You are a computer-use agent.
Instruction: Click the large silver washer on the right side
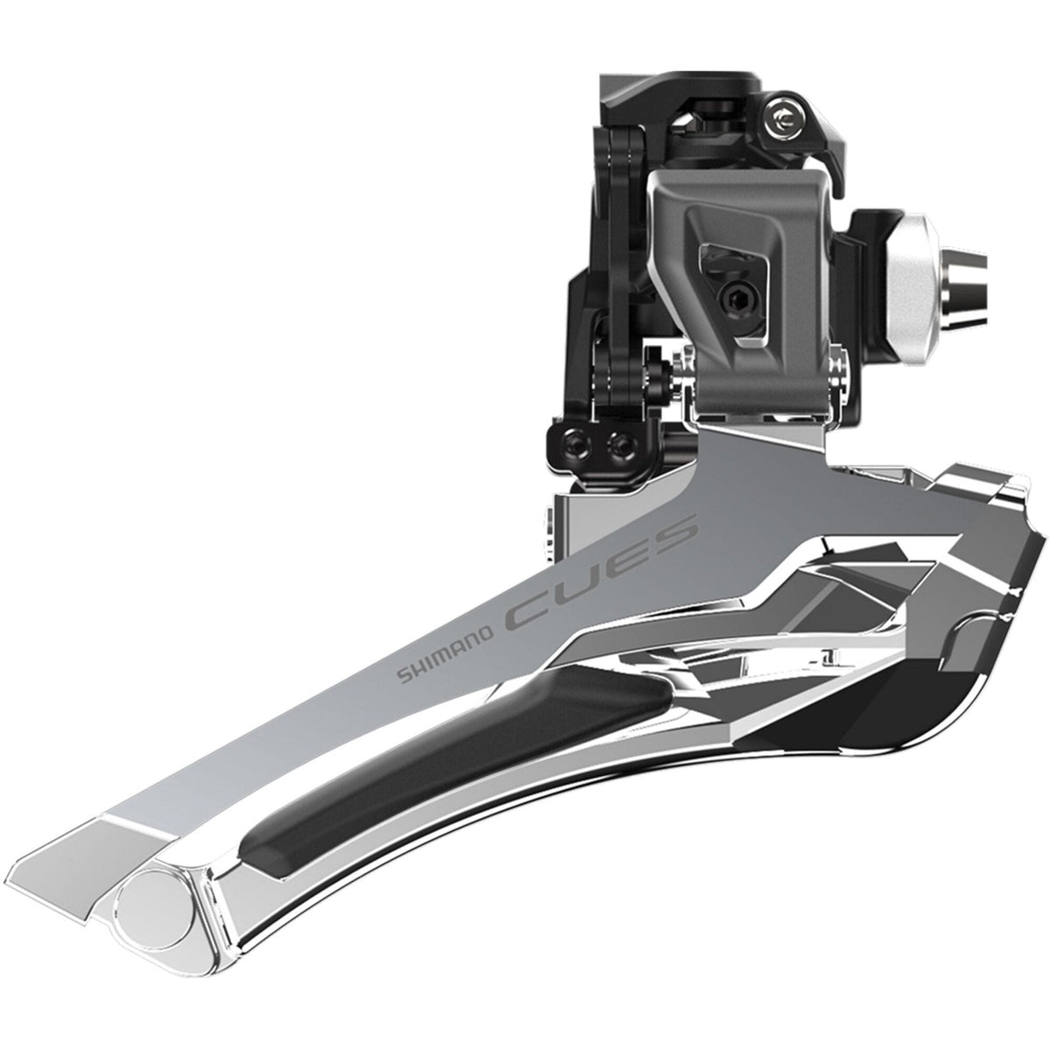click(x=911, y=254)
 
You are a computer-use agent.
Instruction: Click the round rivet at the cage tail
click(x=166, y=919)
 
